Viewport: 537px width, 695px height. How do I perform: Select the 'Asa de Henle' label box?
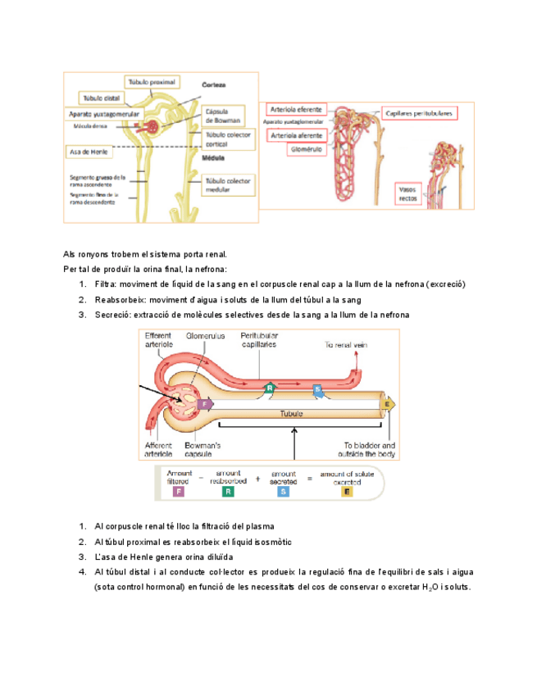[x=87, y=151]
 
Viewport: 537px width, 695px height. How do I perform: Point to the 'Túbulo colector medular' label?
[x=229, y=184]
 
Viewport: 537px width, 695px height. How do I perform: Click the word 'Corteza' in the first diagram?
[x=214, y=85]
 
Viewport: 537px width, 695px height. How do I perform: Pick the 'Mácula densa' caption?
[x=92, y=127]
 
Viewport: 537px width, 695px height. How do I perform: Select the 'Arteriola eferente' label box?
[x=294, y=109]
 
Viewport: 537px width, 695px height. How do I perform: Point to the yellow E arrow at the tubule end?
[x=388, y=403]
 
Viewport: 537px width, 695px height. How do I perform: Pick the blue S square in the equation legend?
[x=283, y=493]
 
